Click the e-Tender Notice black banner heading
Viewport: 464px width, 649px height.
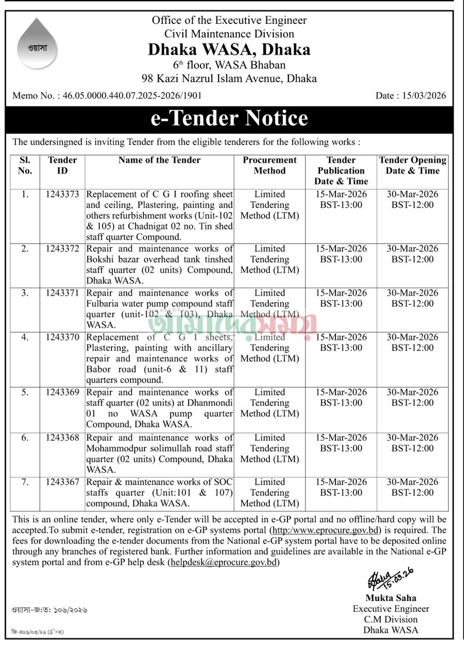tap(229, 118)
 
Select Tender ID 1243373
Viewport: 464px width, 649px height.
tap(62, 194)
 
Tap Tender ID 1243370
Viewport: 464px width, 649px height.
tap(62, 337)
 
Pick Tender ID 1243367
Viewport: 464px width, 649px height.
tap(62, 482)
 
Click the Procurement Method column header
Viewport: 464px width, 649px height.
tap(269, 165)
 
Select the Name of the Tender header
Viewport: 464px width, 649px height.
tap(159, 160)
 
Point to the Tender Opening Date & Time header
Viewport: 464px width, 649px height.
tap(412, 165)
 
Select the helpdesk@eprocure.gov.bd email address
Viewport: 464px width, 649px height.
tap(224, 562)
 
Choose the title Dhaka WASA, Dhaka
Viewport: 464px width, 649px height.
tap(229, 49)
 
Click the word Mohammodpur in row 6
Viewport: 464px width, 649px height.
tap(114, 448)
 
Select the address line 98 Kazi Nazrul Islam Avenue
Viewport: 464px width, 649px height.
tap(229, 79)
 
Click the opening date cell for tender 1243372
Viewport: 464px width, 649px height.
tap(412, 254)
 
